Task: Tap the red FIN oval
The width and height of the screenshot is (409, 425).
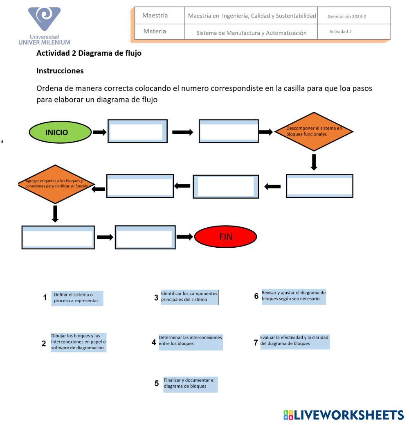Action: pos(225,237)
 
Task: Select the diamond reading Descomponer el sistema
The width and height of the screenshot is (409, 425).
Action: pos(314,131)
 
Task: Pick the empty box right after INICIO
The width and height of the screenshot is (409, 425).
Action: pos(137,131)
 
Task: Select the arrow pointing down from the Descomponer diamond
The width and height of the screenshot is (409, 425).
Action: pos(314,161)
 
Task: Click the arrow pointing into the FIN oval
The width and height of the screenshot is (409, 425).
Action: pos(184,237)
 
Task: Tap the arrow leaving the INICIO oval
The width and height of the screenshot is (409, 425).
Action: pos(99,132)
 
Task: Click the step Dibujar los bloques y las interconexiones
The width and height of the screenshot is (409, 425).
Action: pos(78,342)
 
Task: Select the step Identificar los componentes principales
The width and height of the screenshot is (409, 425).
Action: pos(189,297)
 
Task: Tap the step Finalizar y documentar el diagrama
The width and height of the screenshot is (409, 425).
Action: pos(190,384)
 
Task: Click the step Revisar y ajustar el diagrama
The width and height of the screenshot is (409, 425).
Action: pos(294,296)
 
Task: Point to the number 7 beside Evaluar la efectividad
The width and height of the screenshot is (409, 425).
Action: pos(256,343)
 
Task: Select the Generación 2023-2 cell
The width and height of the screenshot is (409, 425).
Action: pos(353,16)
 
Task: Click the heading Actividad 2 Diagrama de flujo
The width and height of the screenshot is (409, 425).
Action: pos(89,53)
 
